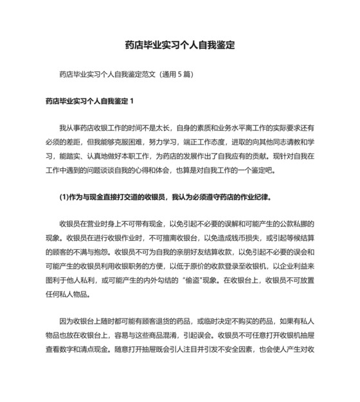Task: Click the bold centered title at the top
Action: (180, 46)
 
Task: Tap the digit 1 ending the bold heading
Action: (132, 101)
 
